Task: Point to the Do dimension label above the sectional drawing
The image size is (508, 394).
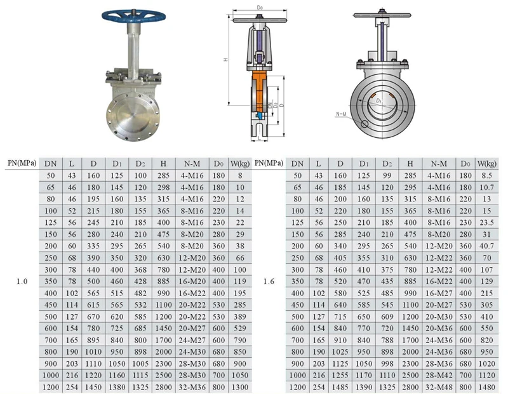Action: (x=260, y=8)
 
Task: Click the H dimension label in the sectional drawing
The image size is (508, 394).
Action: (x=225, y=60)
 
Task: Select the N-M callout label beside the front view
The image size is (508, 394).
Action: (x=341, y=114)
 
